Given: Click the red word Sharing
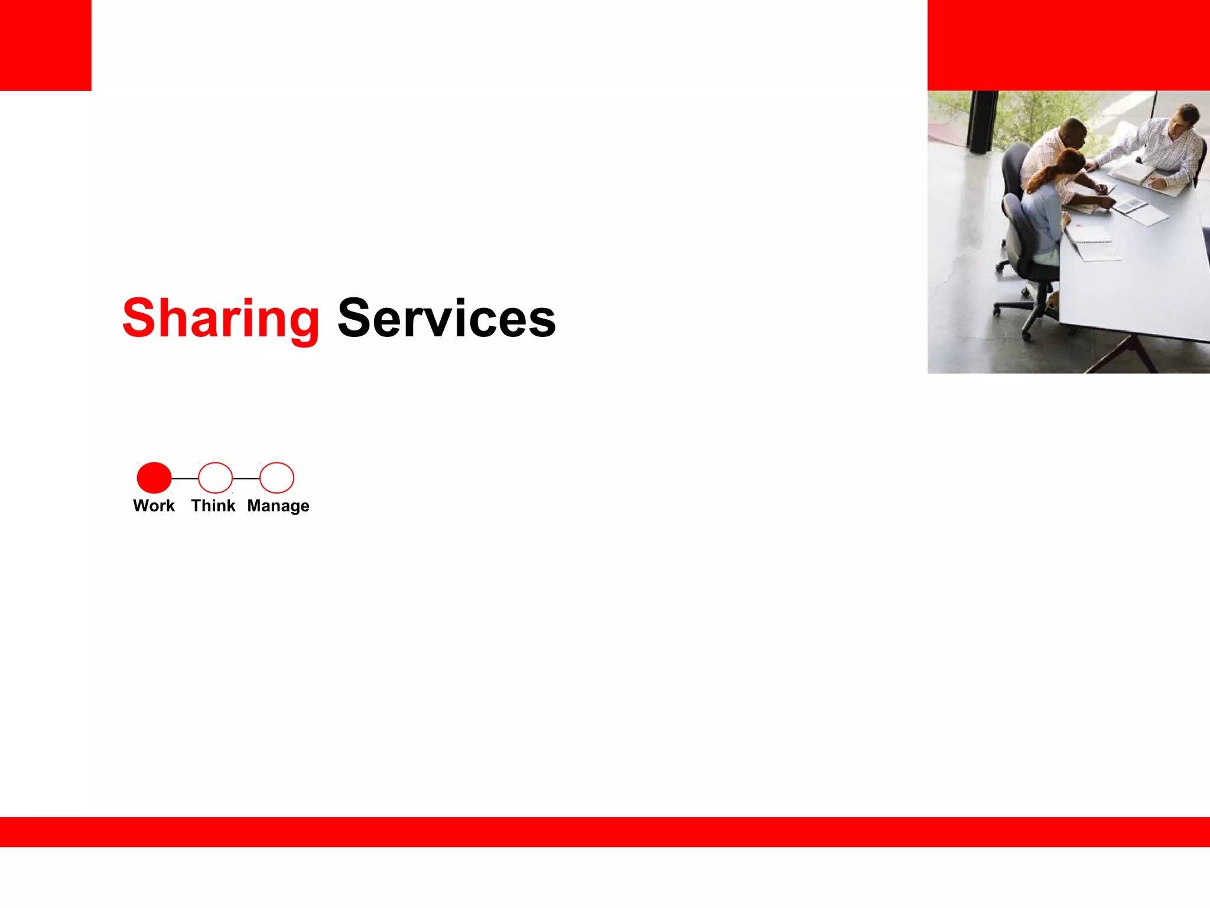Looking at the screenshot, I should click(x=220, y=319).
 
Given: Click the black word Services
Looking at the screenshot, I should click(x=447, y=319).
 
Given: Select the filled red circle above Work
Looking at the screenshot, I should click(x=154, y=478).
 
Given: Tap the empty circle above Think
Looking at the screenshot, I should click(x=216, y=478).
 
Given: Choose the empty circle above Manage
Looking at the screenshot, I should click(x=277, y=478).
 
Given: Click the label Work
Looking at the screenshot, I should click(x=154, y=506).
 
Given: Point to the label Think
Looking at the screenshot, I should click(x=213, y=506).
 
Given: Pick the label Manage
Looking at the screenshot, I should click(x=278, y=507).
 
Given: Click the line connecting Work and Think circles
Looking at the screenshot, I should click(x=185, y=478).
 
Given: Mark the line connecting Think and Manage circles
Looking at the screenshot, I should click(x=246, y=478).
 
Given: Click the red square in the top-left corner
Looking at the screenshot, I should click(x=45, y=45).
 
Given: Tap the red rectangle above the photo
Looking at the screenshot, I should click(x=1068, y=45).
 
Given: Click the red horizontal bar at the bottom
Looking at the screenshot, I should click(x=605, y=832).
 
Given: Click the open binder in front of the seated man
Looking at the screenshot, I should click(x=1137, y=174).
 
